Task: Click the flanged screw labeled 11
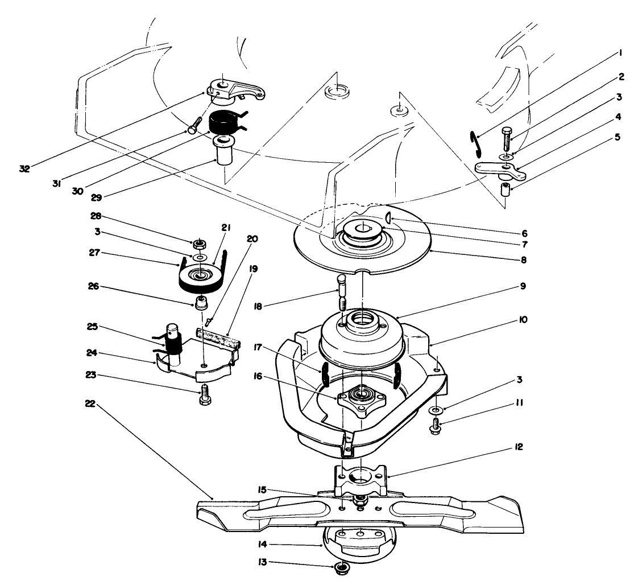[436, 425]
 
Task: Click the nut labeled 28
[198, 245]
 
